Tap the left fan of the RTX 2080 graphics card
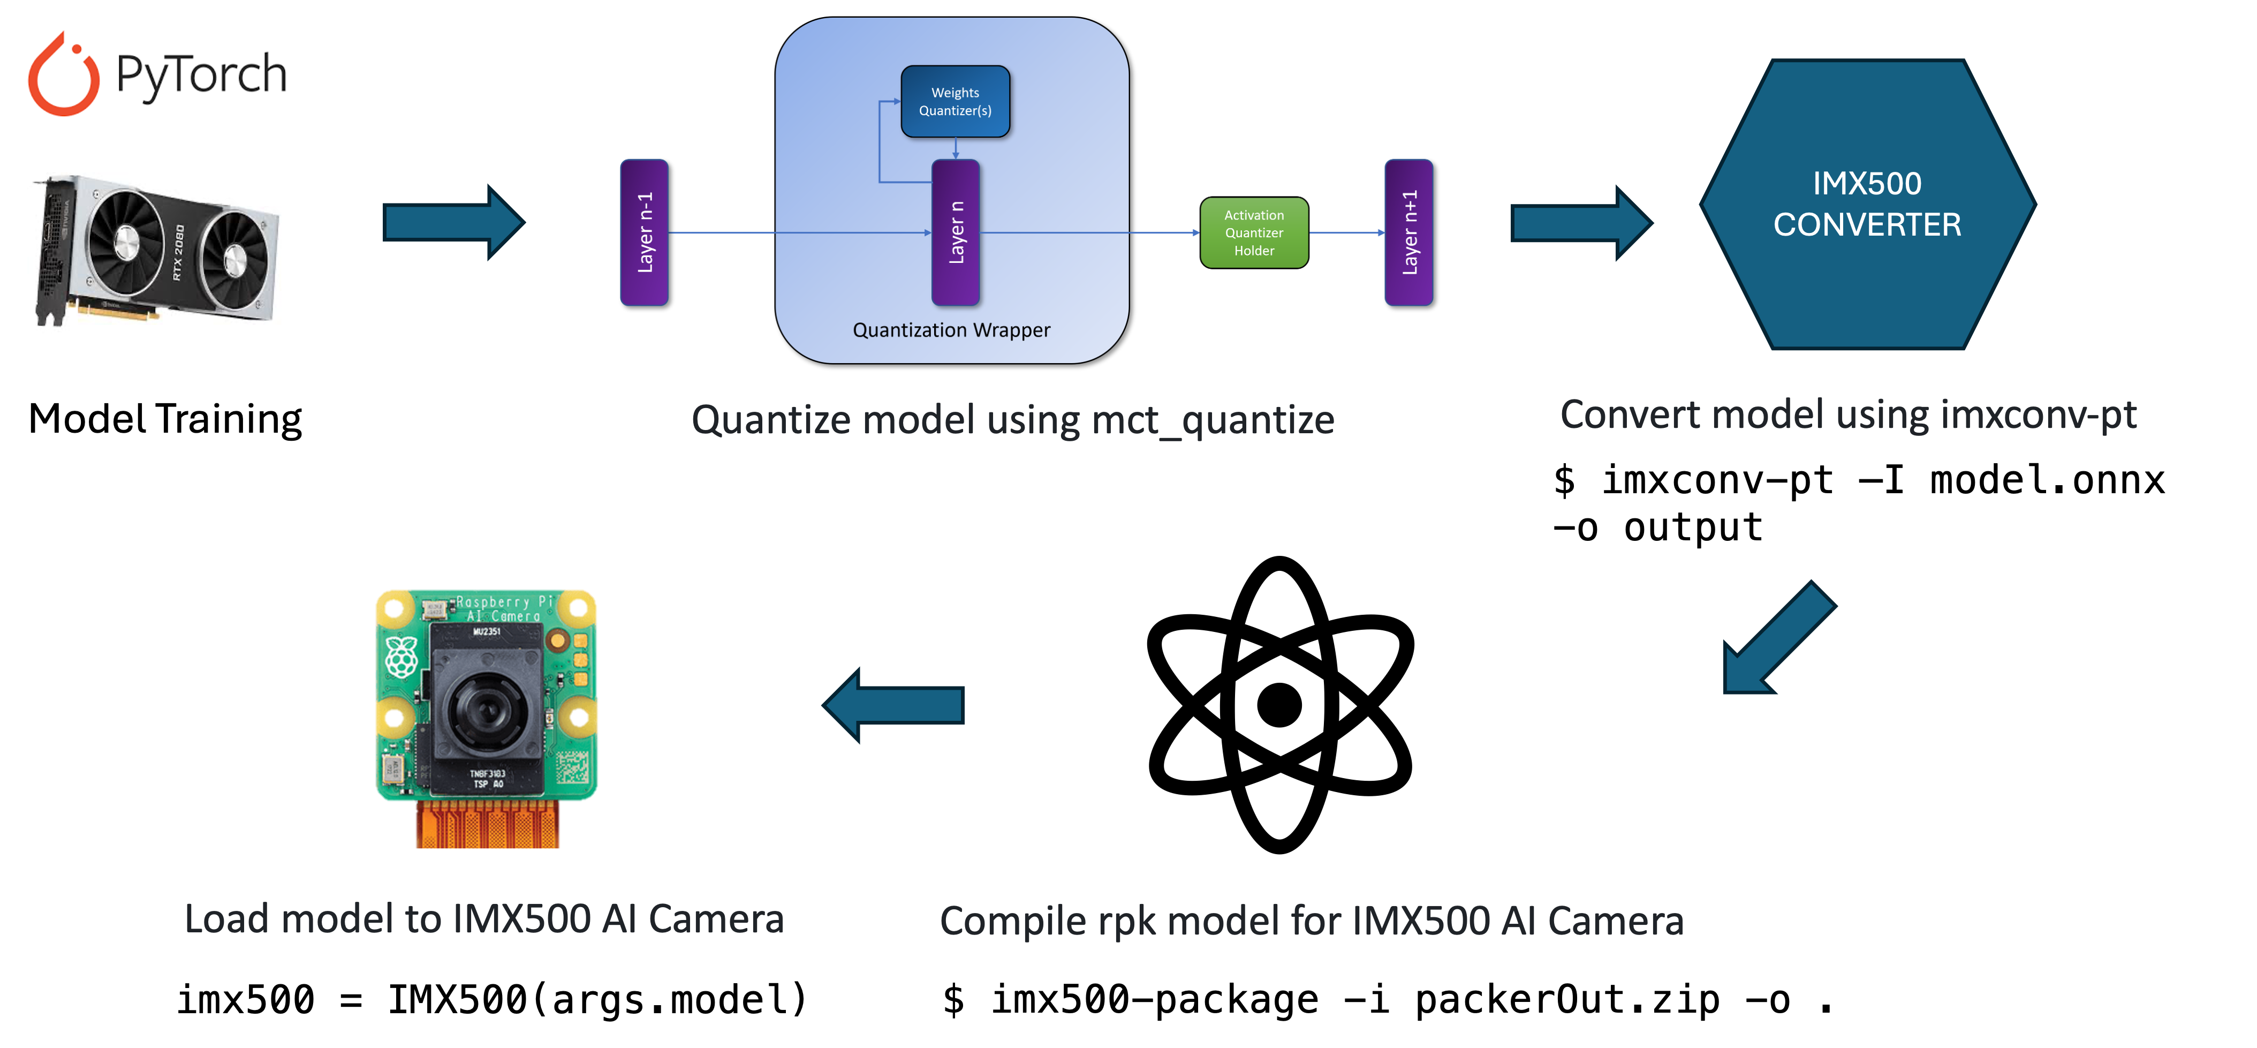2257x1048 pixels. coord(126,237)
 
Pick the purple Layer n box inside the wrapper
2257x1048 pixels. coord(955,232)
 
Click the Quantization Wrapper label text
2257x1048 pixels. coord(951,330)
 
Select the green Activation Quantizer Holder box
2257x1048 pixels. coord(1254,233)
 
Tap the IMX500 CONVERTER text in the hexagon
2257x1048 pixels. coord(1867,204)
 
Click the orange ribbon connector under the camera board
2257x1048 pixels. coord(487,825)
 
